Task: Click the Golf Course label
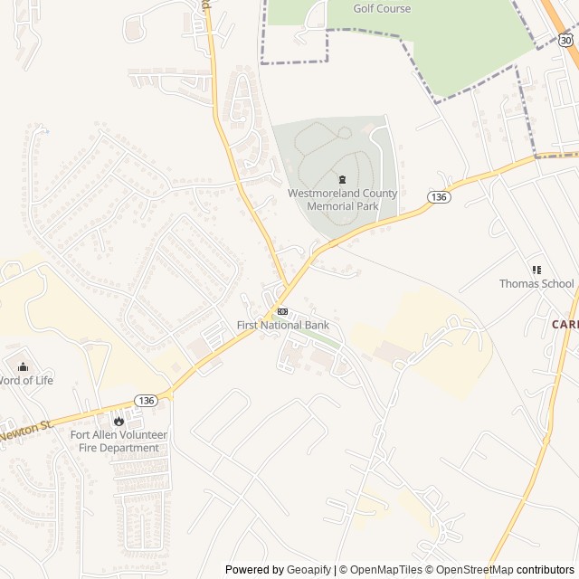click(381, 9)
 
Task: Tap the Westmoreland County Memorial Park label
click(342, 200)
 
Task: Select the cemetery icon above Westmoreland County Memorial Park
click(342, 178)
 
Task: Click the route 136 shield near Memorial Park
click(439, 197)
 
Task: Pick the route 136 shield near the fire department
click(146, 400)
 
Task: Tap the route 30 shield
click(566, 41)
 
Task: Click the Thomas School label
click(536, 284)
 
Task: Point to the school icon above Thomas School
click(536, 269)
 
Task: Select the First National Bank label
click(283, 326)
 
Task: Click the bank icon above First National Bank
click(283, 311)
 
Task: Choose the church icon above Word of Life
click(24, 366)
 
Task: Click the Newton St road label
click(25, 429)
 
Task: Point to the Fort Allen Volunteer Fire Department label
click(118, 441)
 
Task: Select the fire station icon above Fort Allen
click(118, 421)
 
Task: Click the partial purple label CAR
click(565, 324)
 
